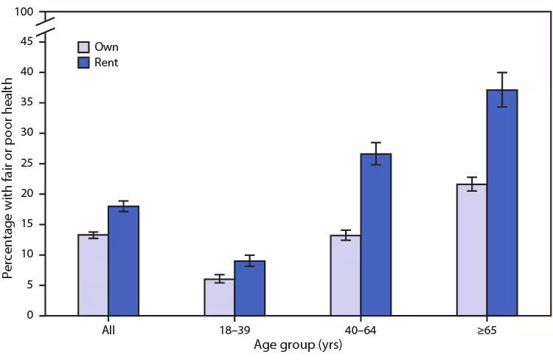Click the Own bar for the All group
coord(93,275)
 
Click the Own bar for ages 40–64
coord(345,275)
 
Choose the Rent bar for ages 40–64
coord(375,235)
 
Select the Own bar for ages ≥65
coord(471,250)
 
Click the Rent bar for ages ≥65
coord(501,203)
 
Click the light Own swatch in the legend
coord(85,47)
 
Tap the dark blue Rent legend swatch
coord(85,63)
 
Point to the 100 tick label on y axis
coord(24,13)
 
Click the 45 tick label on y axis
coord(27,42)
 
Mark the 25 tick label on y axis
coord(27,164)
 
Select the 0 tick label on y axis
coord(30,316)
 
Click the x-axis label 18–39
coord(234,330)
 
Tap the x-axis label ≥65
coord(486,330)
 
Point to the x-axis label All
coord(108,330)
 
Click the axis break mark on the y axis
coord(46,27)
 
